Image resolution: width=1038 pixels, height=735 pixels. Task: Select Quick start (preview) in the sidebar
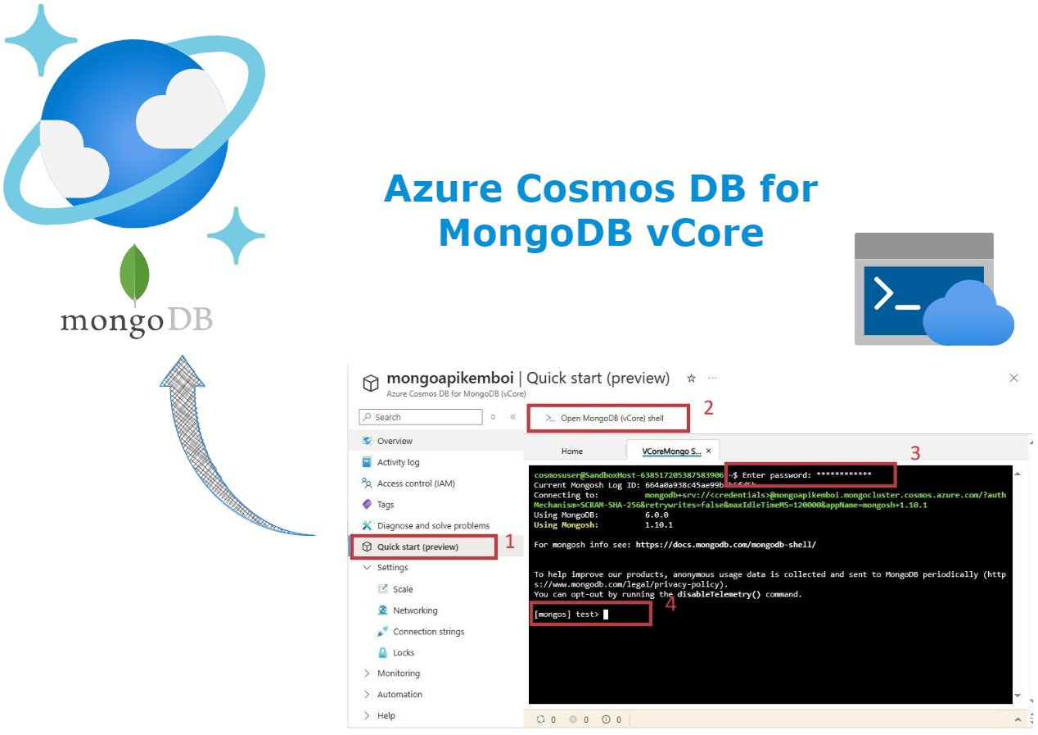417,547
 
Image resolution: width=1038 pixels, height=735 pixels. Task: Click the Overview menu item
395,441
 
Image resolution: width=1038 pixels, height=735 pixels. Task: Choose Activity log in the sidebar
398,462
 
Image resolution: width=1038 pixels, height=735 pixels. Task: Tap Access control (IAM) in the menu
415,483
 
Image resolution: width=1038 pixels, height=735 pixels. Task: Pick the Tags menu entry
386,505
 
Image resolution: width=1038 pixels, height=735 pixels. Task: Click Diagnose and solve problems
432,525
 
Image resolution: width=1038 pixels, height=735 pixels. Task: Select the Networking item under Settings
414,610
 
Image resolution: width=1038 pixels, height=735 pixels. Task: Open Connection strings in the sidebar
427,632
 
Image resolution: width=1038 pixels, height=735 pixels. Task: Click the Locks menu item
403,653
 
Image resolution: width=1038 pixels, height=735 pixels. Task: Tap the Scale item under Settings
402,589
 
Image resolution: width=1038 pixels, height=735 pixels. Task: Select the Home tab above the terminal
572,451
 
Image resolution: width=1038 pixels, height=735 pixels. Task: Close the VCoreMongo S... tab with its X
709,451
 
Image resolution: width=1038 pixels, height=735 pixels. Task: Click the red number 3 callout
915,452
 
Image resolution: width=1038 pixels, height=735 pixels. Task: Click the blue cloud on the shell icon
968,315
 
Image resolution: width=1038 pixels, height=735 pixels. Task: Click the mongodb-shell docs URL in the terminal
725,544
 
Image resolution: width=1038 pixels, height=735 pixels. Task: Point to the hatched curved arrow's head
182,371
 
